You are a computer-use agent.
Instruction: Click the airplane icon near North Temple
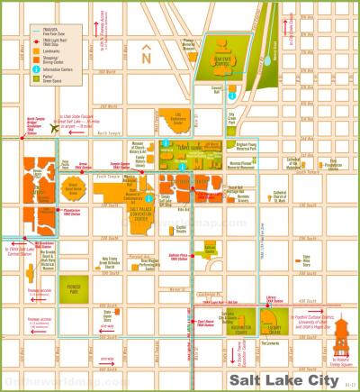click(x=56, y=128)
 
